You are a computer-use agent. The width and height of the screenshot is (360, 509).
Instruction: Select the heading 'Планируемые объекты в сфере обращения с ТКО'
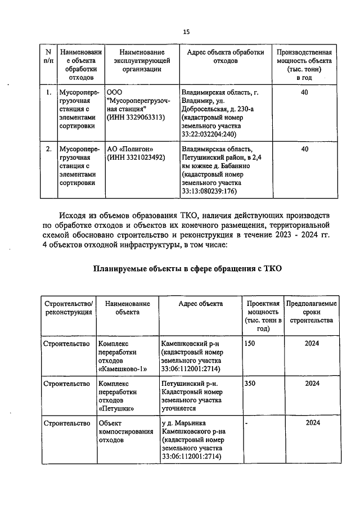coord(187,269)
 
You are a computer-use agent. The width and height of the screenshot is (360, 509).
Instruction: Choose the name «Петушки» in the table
coord(116,409)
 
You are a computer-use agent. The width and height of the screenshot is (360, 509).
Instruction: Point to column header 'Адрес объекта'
coord(200,304)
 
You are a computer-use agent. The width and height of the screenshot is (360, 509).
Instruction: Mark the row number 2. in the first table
coord(49,149)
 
